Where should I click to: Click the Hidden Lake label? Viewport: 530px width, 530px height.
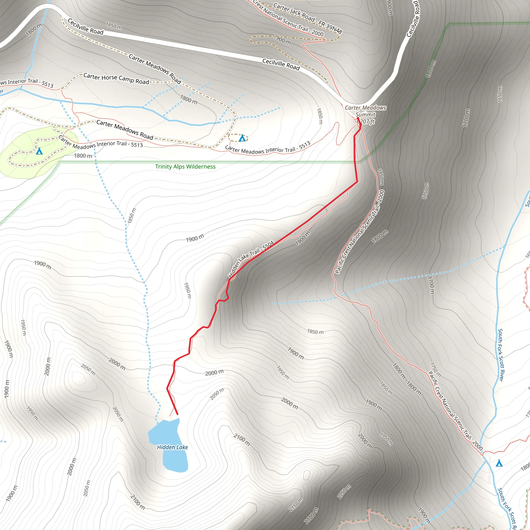pos(172,447)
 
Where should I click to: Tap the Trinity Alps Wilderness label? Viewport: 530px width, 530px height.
pos(185,166)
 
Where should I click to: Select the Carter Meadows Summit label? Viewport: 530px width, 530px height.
pos(365,111)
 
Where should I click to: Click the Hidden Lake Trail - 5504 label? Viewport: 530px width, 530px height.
pos(251,259)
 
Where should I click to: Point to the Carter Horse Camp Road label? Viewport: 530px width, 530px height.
pos(116,79)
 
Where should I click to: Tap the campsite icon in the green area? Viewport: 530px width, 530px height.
pos(40,151)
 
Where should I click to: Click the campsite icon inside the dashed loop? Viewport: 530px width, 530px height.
pos(242,138)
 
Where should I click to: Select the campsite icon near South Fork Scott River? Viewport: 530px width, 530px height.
pos(499,463)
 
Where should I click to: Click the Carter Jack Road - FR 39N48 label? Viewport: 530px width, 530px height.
pos(307,18)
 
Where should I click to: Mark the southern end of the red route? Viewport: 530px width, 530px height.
pos(178,414)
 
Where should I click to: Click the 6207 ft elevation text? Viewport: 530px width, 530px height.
pos(366,122)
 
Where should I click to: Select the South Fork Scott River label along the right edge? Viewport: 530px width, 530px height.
pos(501,355)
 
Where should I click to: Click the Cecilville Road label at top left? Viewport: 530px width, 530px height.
pos(85,27)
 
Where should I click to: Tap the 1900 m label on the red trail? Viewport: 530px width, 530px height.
pos(303,238)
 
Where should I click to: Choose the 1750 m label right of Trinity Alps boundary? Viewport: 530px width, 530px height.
pos(425,191)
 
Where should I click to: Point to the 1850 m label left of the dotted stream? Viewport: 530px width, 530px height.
pos(132,215)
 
